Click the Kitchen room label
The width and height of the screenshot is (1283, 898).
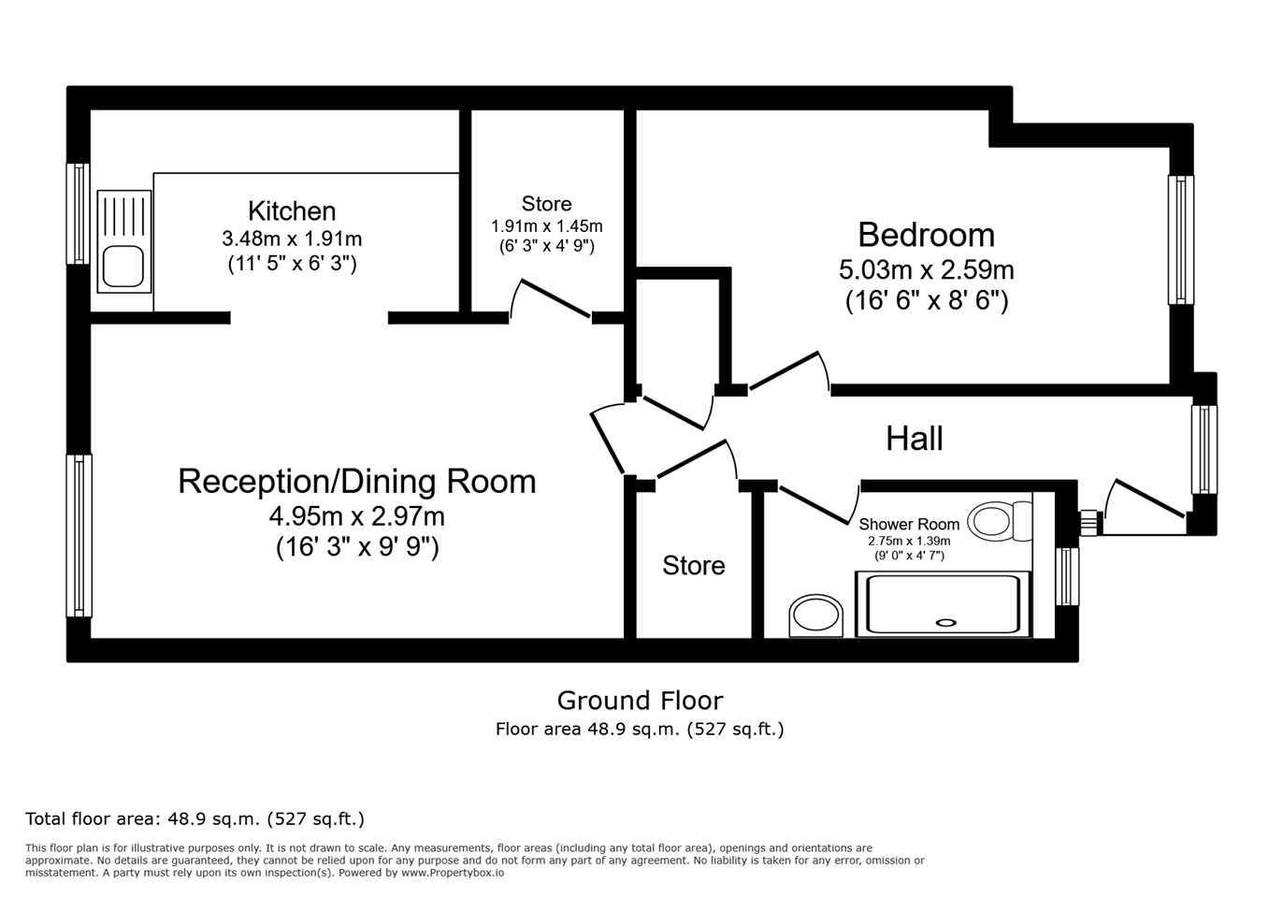click(x=292, y=210)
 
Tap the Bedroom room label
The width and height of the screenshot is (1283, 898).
click(x=926, y=235)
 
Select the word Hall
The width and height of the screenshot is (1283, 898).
click(x=915, y=439)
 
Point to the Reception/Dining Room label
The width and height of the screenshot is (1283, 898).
click(x=357, y=482)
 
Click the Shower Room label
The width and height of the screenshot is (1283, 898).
click(x=909, y=524)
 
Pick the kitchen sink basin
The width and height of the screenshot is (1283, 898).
click(x=123, y=266)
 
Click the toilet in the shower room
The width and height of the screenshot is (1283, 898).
click(x=1000, y=521)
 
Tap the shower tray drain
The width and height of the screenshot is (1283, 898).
click(x=945, y=622)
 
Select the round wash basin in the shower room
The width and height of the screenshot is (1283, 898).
click(x=815, y=616)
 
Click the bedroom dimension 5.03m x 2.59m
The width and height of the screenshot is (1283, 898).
click(x=926, y=270)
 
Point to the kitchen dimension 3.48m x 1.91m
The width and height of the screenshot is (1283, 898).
click(x=292, y=239)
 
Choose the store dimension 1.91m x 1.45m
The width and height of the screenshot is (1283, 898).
click(x=546, y=226)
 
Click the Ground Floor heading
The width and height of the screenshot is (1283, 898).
click(x=640, y=701)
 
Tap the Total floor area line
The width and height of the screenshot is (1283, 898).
click(x=195, y=818)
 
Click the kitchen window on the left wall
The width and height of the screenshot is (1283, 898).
click(x=78, y=214)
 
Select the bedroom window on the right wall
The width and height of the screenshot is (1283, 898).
click(x=1181, y=239)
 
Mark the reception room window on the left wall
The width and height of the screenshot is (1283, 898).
click(x=79, y=536)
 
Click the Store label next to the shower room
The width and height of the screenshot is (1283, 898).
click(x=694, y=566)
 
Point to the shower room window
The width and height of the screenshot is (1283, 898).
click(x=1067, y=576)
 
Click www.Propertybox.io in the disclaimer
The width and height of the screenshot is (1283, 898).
click(x=453, y=874)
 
